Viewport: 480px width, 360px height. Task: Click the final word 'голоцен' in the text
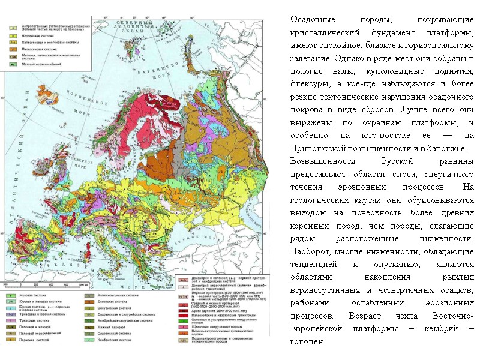pos(307,342)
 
